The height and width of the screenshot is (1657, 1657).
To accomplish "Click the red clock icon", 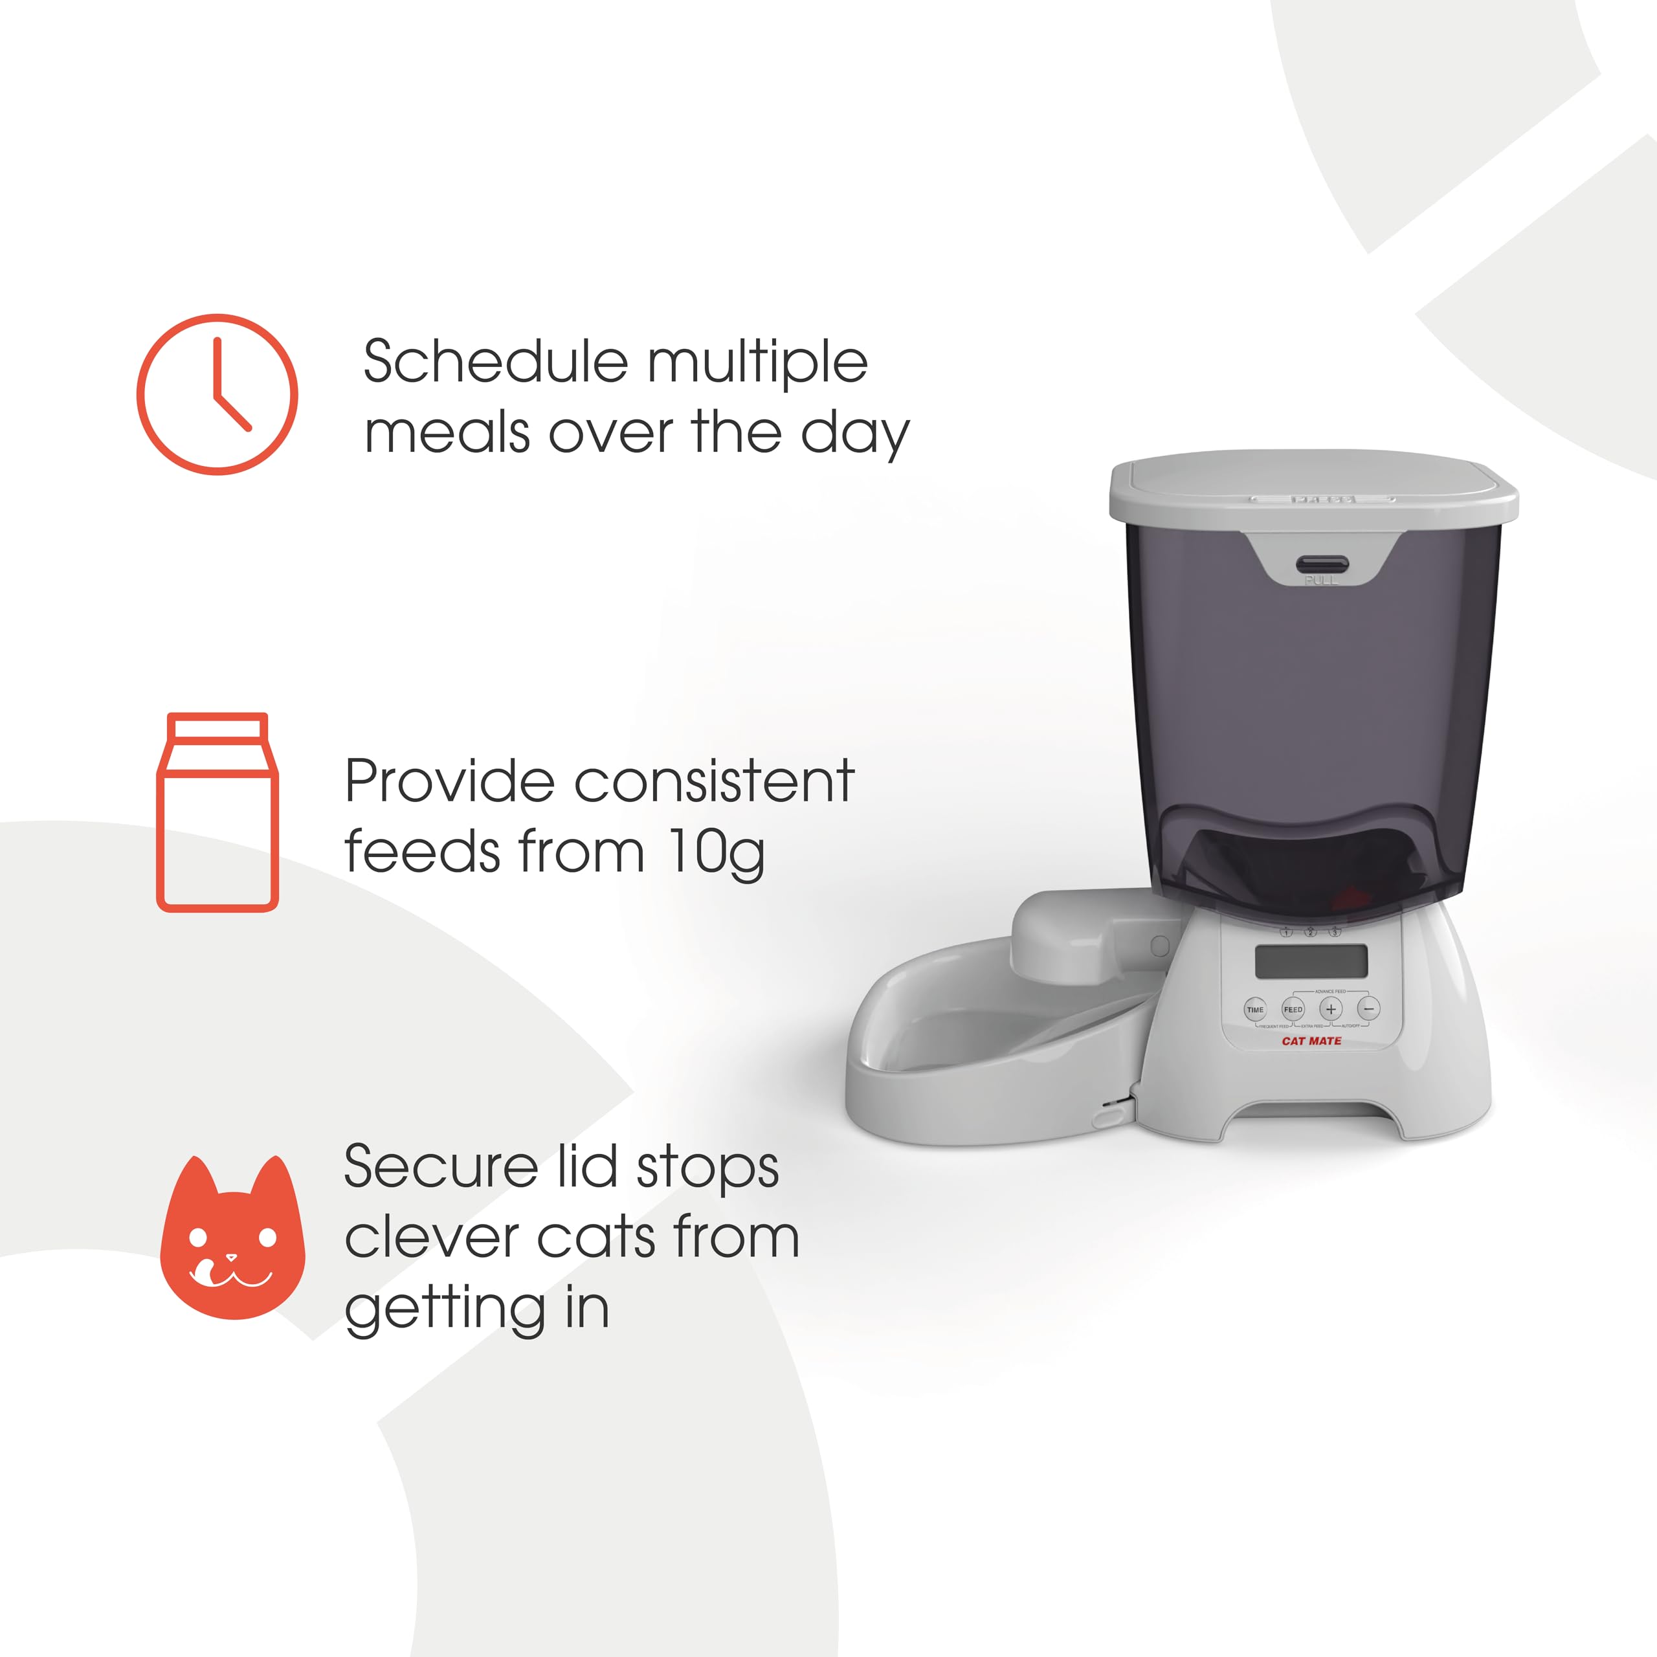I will point(217,395).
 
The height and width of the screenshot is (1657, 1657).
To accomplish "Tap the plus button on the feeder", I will point(1330,1010).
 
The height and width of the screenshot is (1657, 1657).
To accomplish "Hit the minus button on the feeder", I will point(1369,1010).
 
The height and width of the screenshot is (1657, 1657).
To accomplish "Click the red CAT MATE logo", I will point(1311,1041).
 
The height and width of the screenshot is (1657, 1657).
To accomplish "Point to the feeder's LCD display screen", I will point(1311,961).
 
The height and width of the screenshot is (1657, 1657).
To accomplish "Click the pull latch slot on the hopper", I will point(1322,564).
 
